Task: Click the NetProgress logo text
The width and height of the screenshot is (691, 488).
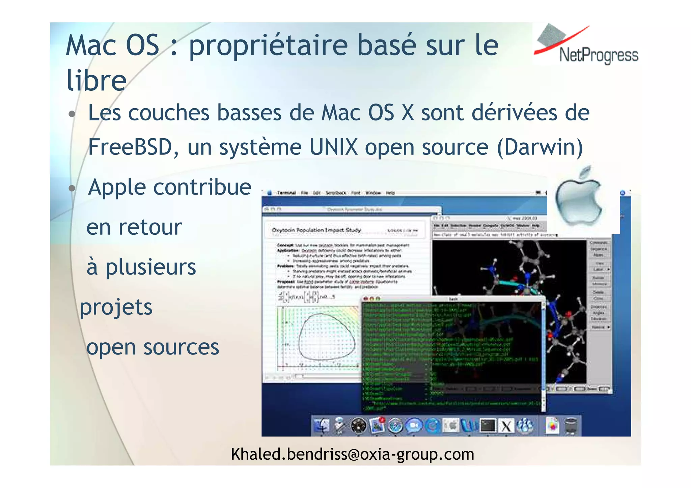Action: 599,55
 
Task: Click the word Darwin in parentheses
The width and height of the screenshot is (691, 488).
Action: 540,147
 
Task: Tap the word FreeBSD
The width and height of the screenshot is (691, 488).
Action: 130,147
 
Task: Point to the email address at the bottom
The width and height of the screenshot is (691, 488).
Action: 352,454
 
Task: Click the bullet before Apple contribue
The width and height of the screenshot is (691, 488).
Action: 72,188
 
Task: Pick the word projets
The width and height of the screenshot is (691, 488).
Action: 116,308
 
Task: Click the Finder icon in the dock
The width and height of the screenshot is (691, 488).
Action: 321,426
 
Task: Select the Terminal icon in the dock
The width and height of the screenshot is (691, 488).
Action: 488,426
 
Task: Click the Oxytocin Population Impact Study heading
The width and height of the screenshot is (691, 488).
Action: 316,230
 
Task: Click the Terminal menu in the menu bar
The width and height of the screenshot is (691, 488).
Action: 286,193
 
